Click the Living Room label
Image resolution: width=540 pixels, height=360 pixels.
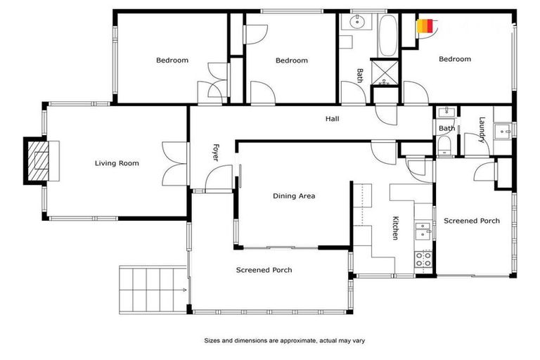point(117,163)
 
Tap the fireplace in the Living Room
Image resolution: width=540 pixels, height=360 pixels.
point(39,162)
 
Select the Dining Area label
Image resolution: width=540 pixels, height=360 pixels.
point(294,196)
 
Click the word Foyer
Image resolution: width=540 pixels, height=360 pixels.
point(216,153)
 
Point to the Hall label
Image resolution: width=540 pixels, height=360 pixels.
point(332,119)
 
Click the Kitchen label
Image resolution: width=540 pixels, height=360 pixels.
point(396,227)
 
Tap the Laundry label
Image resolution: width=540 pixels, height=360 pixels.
point(482,129)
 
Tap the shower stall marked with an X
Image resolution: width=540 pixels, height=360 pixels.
point(384,71)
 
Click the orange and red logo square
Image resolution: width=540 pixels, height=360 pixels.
point(424,26)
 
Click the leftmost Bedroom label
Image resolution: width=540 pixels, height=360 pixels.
point(172,60)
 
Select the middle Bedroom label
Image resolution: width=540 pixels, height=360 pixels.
point(291,60)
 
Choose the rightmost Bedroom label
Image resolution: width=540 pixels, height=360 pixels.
point(454,59)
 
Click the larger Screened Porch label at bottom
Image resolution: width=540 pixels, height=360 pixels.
point(264,269)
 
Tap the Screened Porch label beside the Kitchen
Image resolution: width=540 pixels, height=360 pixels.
point(471,221)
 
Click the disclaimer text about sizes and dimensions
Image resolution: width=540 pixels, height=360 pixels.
point(284,340)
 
